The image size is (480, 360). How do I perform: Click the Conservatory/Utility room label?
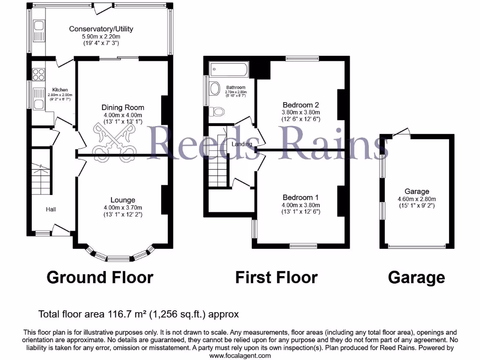pos(101,29)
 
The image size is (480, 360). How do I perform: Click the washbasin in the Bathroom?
pos(214,89)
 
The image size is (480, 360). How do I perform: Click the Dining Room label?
pos(123,107)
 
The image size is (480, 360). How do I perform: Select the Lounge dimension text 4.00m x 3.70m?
pos(123,208)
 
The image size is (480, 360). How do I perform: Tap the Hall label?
pos(51,209)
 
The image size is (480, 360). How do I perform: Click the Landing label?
pos(242,144)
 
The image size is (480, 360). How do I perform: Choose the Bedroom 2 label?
pos(300,105)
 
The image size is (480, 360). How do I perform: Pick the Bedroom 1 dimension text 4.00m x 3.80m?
pos(300,205)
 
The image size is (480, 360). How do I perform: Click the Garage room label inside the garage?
pos(417,191)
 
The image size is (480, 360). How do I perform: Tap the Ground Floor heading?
pos(100,277)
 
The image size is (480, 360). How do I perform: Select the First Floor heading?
pos(276,277)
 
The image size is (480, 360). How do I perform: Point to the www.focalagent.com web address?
pos(240,356)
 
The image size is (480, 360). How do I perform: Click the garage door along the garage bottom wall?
pos(417,247)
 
